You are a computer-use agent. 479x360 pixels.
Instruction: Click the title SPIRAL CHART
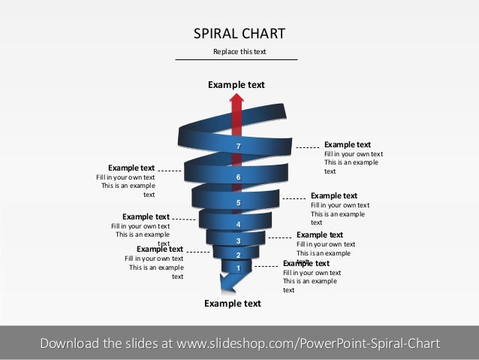(x=239, y=33)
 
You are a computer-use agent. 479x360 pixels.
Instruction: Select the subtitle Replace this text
(x=239, y=51)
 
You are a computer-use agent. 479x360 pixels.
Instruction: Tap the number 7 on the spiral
(x=238, y=145)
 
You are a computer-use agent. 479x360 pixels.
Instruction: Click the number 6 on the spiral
(x=238, y=177)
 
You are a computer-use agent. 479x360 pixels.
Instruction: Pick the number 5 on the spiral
(x=238, y=203)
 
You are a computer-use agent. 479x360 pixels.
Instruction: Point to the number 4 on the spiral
(x=238, y=224)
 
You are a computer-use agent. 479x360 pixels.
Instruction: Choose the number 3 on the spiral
(x=238, y=241)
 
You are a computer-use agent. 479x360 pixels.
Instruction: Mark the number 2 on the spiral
(x=238, y=255)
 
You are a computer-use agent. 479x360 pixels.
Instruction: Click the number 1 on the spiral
(x=238, y=268)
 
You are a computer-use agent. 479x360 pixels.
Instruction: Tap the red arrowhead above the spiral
(x=236, y=101)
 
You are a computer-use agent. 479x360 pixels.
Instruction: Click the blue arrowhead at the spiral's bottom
(x=225, y=283)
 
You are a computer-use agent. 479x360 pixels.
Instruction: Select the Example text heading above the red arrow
(x=236, y=85)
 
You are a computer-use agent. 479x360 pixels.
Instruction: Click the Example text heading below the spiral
(x=233, y=304)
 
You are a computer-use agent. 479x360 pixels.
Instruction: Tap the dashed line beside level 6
(x=170, y=171)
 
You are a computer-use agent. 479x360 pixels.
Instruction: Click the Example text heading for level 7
(x=347, y=144)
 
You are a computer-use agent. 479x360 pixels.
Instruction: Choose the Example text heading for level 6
(x=131, y=168)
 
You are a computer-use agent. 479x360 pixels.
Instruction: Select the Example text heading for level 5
(x=334, y=195)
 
